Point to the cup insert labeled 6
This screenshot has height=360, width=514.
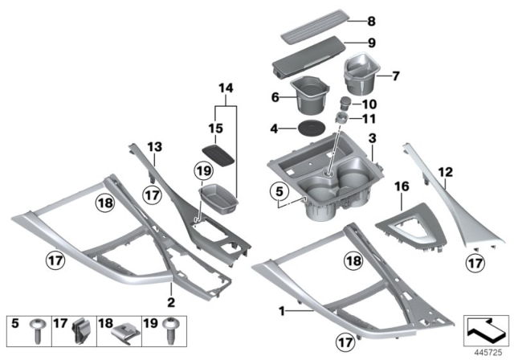pyautogui.click(x=308, y=94)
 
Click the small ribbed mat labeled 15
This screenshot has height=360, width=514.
pyautogui.click(x=219, y=153)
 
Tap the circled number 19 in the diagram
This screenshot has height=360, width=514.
pyautogui.click(x=204, y=171)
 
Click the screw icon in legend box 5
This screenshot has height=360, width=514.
pyautogui.click(x=38, y=327)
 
